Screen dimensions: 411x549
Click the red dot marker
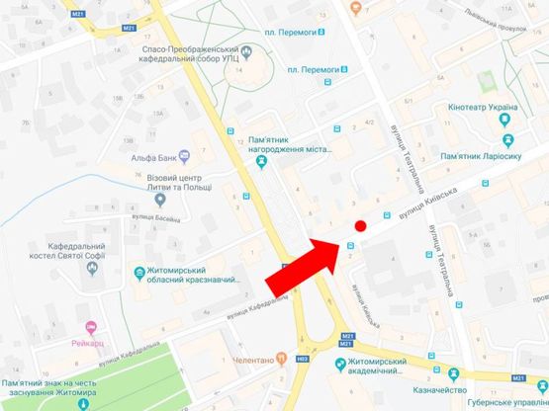tap(361, 226)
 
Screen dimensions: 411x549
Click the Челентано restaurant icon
tap(282, 360)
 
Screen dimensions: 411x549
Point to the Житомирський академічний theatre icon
tap(341, 365)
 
